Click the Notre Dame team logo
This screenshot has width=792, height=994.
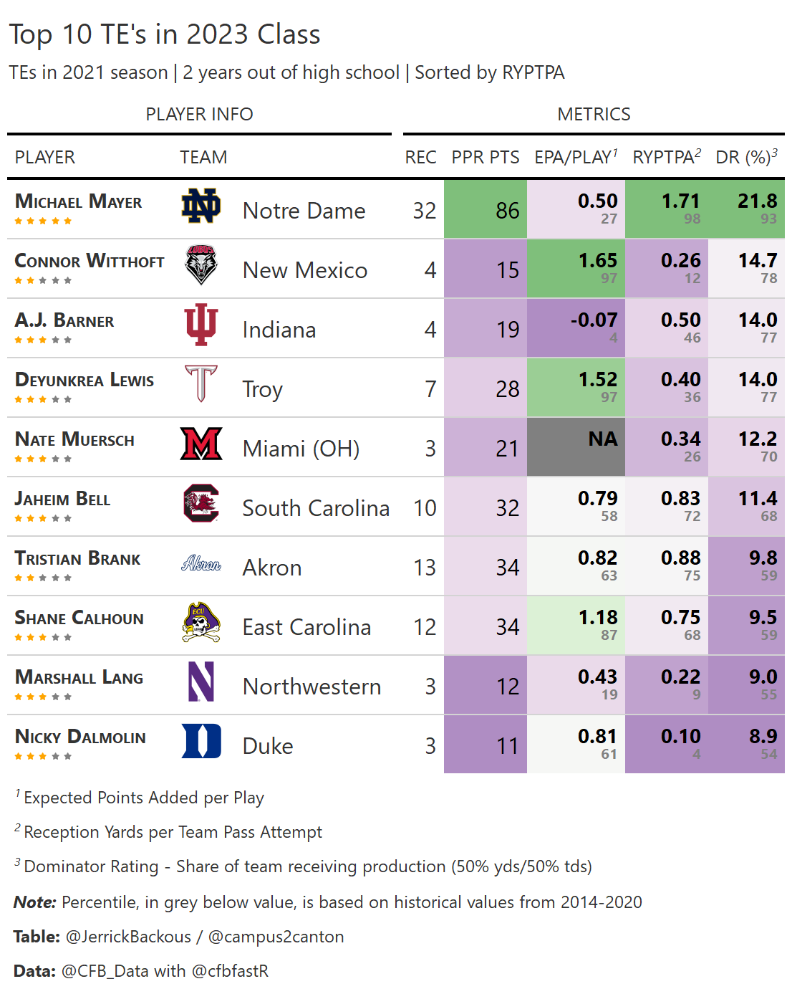tap(201, 206)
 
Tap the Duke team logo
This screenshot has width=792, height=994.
tap(201, 741)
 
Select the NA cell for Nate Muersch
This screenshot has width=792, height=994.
tap(603, 439)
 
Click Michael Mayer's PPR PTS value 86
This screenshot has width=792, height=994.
tap(507, 211)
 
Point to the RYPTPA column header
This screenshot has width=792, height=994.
tap(666, 157)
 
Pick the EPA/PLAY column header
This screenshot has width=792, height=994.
tap(575, 157)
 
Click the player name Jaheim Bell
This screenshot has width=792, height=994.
tap(62, 500)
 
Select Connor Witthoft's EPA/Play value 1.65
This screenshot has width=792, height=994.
tap(598, 261)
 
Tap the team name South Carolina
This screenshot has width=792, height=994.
tap(316, 508)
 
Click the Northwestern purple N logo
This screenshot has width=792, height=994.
tap(201, 682)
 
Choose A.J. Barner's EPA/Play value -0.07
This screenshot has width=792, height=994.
tap(594, 320)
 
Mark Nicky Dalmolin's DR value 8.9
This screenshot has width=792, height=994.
tap(763, 737)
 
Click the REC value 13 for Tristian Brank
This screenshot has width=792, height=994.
tap(424, 568)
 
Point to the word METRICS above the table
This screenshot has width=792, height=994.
tap(594, 115)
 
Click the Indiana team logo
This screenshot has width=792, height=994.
tap(201, 325)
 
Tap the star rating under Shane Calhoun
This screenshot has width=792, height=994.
tap(43, 638)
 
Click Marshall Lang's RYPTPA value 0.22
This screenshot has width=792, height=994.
tap(680, 677)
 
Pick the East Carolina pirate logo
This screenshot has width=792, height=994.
tap(201, 622)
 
